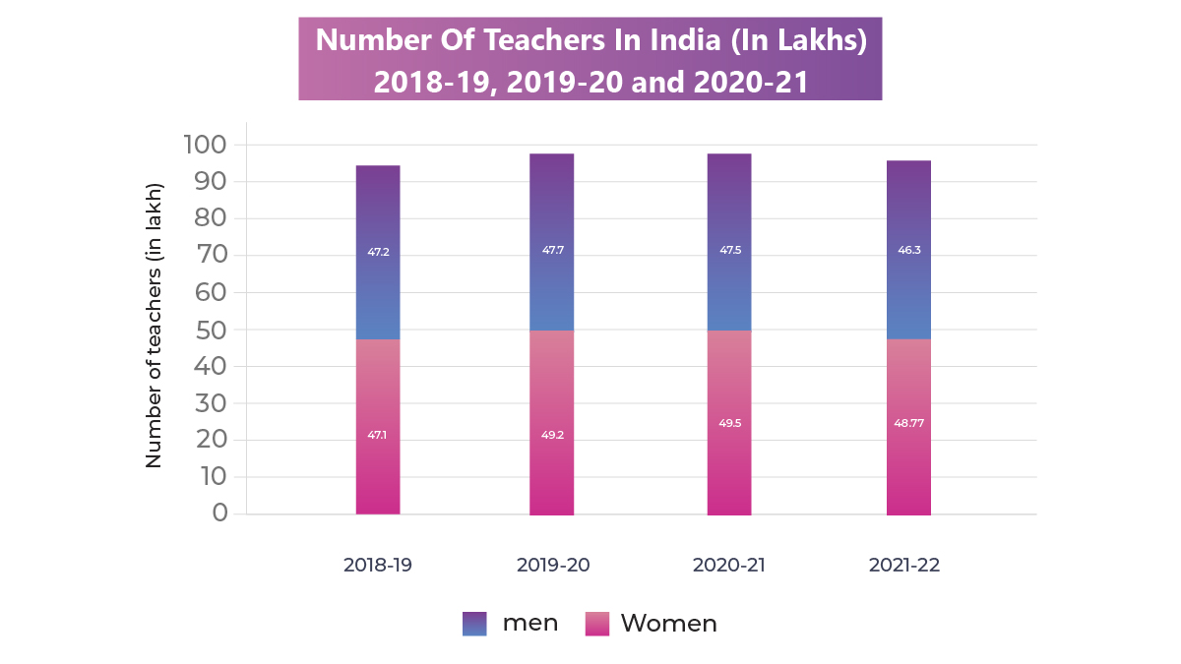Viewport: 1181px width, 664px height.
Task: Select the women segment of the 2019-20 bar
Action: [x=551, y=393]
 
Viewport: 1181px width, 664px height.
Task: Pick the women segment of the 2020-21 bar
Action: [x=728, y=393]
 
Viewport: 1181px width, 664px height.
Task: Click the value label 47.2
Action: [x=378, y=252]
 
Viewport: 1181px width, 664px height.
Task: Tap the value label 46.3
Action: [x=908, y=250]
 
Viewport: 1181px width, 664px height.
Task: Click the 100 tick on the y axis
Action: [x=205, y=145]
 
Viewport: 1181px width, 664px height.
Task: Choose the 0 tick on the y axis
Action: [x=218, y=513]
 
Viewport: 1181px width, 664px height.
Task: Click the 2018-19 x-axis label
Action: [x=378, y=566]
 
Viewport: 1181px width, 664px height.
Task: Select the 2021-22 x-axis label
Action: [x=904, y=566]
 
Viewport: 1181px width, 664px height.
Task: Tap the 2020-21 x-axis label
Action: [x=728, y=566]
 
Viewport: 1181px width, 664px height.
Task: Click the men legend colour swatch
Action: [x=474, y=623]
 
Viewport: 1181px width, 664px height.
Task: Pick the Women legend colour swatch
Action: [x=596, y=623]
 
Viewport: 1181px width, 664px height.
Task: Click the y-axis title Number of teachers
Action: [x=154, y=325]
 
